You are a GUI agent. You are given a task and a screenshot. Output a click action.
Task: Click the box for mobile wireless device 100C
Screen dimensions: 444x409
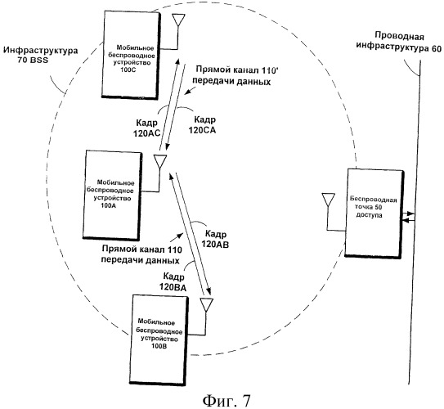pyautogui.click(x=131, y=55)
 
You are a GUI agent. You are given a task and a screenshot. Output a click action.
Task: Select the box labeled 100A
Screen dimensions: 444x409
pyautogui.click(x=113, y=196)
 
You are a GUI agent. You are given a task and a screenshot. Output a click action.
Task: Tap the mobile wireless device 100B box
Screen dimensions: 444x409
pyautogui.click(x=159, y=340)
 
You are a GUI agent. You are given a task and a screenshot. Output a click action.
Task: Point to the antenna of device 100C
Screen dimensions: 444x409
pyautogui.click(x=179, y=20)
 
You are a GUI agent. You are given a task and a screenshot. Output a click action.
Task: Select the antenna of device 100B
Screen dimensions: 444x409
pyautogui.click(x=207, y=305)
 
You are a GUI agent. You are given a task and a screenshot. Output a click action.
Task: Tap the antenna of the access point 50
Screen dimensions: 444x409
pyautogui.click(x=329, y=200)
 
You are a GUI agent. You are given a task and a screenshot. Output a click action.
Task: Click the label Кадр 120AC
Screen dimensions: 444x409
pyautogui.click(x=147, y=128)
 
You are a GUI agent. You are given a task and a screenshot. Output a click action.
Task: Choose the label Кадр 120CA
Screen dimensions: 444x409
pyautogui.click(x=202, y=124)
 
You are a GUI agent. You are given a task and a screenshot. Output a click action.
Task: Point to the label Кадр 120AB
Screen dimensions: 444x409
pyautogui.click(x=214, y=239)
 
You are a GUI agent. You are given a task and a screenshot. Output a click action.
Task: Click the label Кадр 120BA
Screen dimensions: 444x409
pyautogui.click(x=173, y=281)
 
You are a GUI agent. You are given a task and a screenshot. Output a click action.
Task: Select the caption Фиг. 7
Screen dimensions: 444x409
pyautogui.click(x=226, y=401)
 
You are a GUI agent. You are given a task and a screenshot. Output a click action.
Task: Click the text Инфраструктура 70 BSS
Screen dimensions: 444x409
pyautogui.click(x=41, y=55)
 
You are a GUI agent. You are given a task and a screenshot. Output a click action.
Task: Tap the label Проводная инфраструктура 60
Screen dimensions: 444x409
pyautogui.click(x=399, y=42)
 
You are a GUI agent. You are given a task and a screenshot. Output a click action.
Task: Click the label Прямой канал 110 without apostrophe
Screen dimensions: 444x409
pyautogui.click(x=141, y=254)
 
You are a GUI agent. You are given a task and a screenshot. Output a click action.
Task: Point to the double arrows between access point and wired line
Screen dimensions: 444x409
pyautogui.click(x=409, y=217)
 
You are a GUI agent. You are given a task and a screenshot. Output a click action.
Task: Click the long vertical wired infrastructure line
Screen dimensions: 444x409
pyautogui.click(x=415, y=222)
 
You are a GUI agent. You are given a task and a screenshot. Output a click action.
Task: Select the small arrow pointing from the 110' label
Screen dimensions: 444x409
pyautogui.click(x=190, y=91)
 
